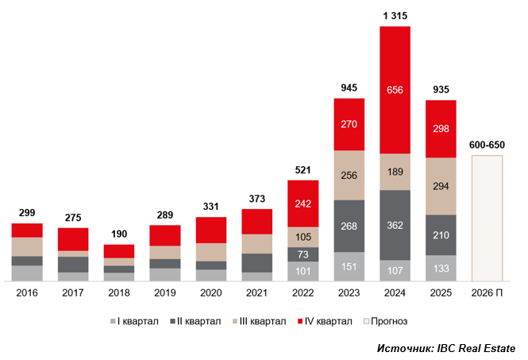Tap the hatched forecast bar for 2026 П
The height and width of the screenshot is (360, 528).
(487, 219)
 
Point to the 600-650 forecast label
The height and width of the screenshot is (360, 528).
(487, 145)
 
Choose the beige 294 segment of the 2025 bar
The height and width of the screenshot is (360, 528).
(441, 186)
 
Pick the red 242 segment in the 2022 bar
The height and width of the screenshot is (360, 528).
(303, 203)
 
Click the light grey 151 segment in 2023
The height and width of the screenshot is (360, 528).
(349, 267)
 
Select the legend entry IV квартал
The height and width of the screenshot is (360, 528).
(326, 321)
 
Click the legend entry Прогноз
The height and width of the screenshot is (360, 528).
(389, 321)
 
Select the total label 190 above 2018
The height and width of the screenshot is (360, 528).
(118, 234)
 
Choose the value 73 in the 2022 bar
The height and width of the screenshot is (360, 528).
(303, 254)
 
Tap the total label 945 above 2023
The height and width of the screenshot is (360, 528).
(349, 87)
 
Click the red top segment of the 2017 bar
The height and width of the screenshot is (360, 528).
(72, 239)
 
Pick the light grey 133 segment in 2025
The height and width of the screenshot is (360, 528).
(441, 269)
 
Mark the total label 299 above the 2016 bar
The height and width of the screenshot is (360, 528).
(26, 213)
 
